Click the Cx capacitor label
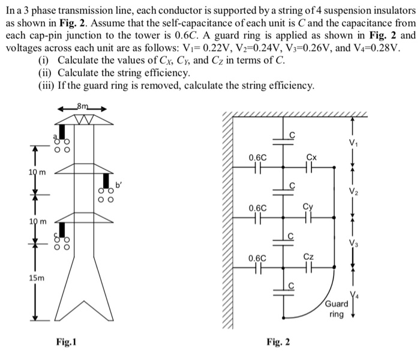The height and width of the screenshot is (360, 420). (310, 158)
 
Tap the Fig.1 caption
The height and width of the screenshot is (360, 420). (65, 342)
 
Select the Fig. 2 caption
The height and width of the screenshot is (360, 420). (279, 343)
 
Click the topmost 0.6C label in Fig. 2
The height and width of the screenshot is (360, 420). (257, 158)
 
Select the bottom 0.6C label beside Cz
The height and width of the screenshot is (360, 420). (257, 257)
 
